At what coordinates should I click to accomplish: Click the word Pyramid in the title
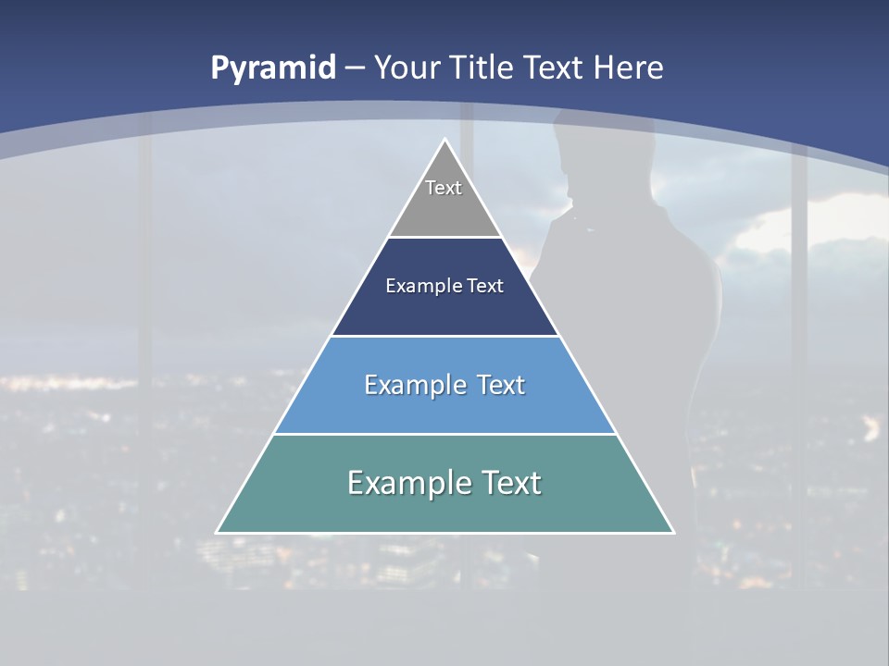point(273,68)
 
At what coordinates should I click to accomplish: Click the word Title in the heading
point(482,68)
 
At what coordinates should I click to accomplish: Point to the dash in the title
point(355,68)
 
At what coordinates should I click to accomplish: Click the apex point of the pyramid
point(444,140)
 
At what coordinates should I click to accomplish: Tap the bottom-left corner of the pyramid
point(218,532)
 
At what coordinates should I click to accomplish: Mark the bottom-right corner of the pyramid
point(672,532)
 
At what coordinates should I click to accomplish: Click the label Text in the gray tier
point(444,188)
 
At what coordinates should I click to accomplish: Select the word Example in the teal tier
point(399,483)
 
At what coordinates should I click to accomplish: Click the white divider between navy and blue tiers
point(444,336)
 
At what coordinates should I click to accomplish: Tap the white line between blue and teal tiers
point(444,434)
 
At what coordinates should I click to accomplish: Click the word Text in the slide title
point(555,68)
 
